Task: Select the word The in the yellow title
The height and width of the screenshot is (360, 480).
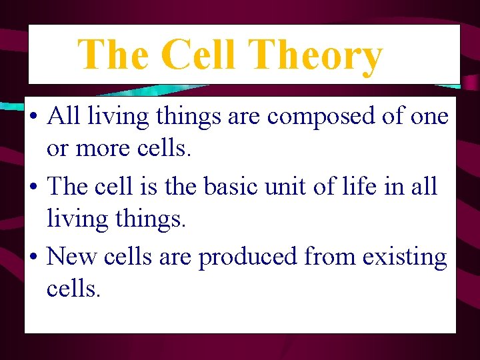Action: click(115, 55)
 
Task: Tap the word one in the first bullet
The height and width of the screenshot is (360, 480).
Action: click(429, 117)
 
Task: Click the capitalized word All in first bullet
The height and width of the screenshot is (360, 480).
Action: click(63, 116)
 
